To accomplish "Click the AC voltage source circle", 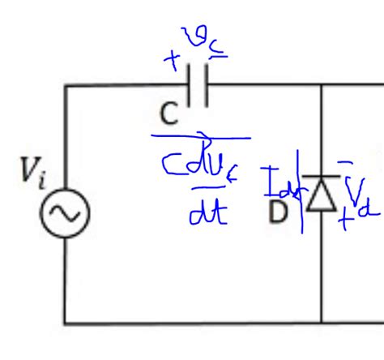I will [66, 214].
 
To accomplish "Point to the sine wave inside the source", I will [66, 214].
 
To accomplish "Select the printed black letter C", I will [168, 114].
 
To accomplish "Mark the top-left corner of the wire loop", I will [66, 85].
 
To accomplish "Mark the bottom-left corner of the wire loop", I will [66, 324].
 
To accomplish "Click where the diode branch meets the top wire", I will [322, 85].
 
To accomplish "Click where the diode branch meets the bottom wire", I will [322, 324].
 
